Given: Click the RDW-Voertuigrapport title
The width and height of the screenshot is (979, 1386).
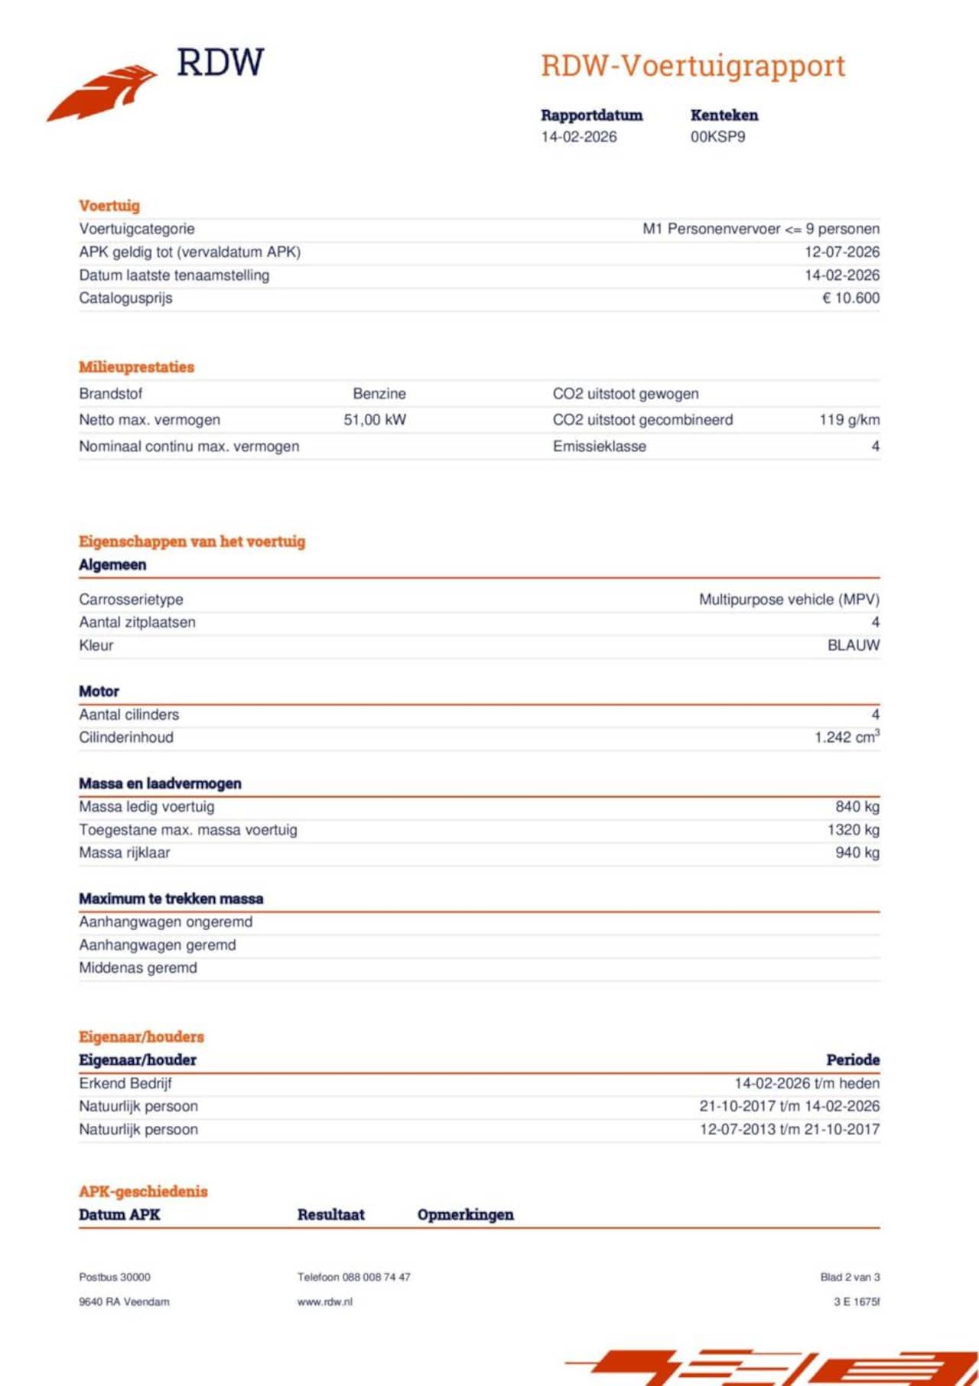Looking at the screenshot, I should click(x=693, y=66).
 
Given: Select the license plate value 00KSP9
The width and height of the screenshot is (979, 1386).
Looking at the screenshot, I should click(x=717, y=137).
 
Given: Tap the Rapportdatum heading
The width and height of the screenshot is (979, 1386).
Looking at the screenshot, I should click(x=591, y=115).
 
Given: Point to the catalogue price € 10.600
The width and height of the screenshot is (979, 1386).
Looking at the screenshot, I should click(x=851, y=298).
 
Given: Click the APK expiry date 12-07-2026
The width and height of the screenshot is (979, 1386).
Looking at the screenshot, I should click(x=841, y=252).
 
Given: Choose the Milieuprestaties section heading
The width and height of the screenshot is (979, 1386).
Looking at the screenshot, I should click(x=136, y=367).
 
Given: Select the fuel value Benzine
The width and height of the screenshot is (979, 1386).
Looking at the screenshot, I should click(x=379, y=394).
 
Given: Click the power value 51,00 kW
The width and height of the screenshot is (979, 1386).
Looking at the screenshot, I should click(x=375, y=420).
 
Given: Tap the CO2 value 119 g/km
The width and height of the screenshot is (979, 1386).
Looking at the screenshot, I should click(x=849, y=420).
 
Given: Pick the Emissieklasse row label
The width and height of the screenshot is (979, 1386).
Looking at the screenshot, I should click(x=599, y=447).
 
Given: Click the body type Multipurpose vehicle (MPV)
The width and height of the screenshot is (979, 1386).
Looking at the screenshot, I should click(x=789, y=600).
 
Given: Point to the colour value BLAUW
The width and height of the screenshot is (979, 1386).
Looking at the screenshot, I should click(x=853, y=646).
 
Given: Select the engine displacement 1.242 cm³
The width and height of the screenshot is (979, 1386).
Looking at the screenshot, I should click(x=847, y=737).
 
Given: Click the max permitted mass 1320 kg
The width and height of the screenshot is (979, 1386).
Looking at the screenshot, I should click(x=853, y=830).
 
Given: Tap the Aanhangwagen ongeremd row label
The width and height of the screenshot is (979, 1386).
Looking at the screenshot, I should click(x=165, y=922).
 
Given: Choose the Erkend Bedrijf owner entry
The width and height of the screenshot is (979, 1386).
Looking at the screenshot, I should click(x=125, y=1084).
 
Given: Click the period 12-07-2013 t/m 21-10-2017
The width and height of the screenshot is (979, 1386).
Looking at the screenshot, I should click(x=789, y=1130).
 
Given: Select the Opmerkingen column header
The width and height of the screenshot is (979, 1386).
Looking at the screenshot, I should click(x=465, y=1215).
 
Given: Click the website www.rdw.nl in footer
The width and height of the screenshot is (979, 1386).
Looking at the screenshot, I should click(x=324, y=1302).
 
